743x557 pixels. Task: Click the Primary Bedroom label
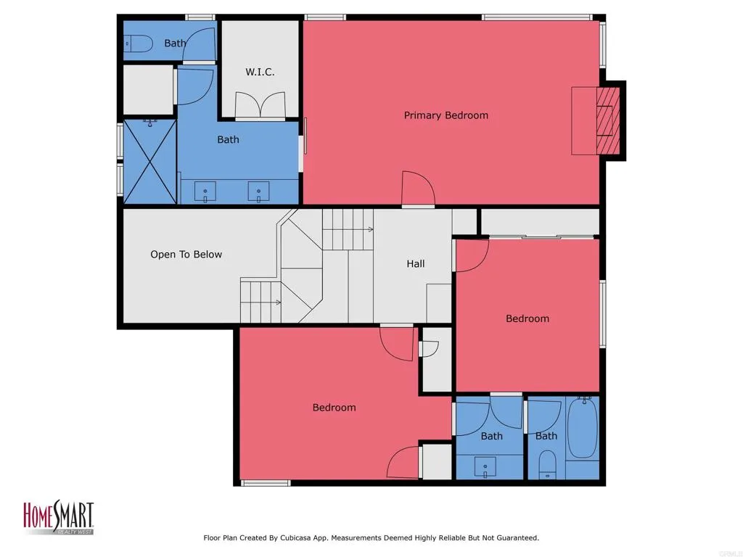pyautogui.click(x=446, y=115)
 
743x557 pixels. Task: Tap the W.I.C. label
pyautogui.click(x=260, y=72)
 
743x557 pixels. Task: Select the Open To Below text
pyautogui.click(x=186, y=255)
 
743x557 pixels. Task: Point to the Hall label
pyautogui.click(x=416, y=264)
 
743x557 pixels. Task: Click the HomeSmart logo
pyautogui.click(x=59, y=517)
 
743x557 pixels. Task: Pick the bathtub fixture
pyautogui.click(x=583, y=428)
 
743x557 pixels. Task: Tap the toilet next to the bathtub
pyautogui.click(x=548, y=463)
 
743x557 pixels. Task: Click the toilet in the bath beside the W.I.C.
pyautogui.click(x=139, y=44)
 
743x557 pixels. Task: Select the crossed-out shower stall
pyautogui.click(x=149, y=162)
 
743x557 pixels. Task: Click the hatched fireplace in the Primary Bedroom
pyautogui.click(x=608, y=120)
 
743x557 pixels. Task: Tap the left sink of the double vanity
pyautogui.click(x=205, y=191)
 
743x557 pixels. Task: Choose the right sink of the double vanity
pyautogui.click(x=259, y=191)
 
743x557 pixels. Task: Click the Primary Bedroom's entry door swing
pyautogui.click(x=418, y=189)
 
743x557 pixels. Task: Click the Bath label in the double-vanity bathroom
pyautogui.click(x=228, y=140)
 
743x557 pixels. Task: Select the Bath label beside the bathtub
pyautogui.click(x=546, y=436)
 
